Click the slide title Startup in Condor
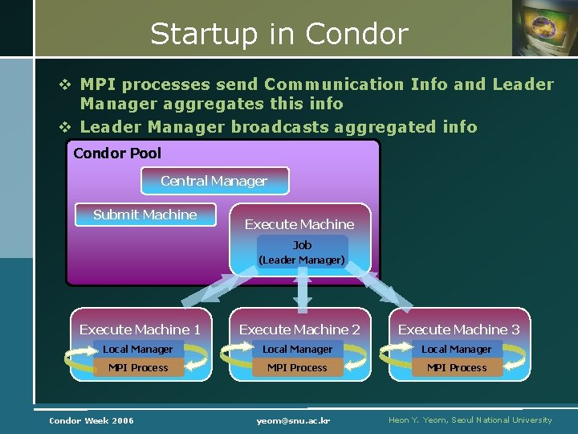[x=279, y=34]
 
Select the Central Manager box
[x=214, y=181]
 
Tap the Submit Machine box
[x=144, y=215]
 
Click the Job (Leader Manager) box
[x=302, y=252]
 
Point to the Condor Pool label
[x=117, y=153]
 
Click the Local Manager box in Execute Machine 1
[x=137, y=349]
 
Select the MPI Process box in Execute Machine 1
[x=138, y=367]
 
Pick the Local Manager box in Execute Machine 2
[x=297, y=349]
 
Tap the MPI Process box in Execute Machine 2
[x=297, y=367]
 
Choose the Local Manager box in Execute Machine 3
[x=456, y=349]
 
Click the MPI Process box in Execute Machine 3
[x=456, y=367]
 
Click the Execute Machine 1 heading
[x=140, y=330]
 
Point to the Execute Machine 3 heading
[x=458, y=330]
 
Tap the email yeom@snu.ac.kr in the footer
[x=294, y=420]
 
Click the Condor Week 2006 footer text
[x=92, y=420]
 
